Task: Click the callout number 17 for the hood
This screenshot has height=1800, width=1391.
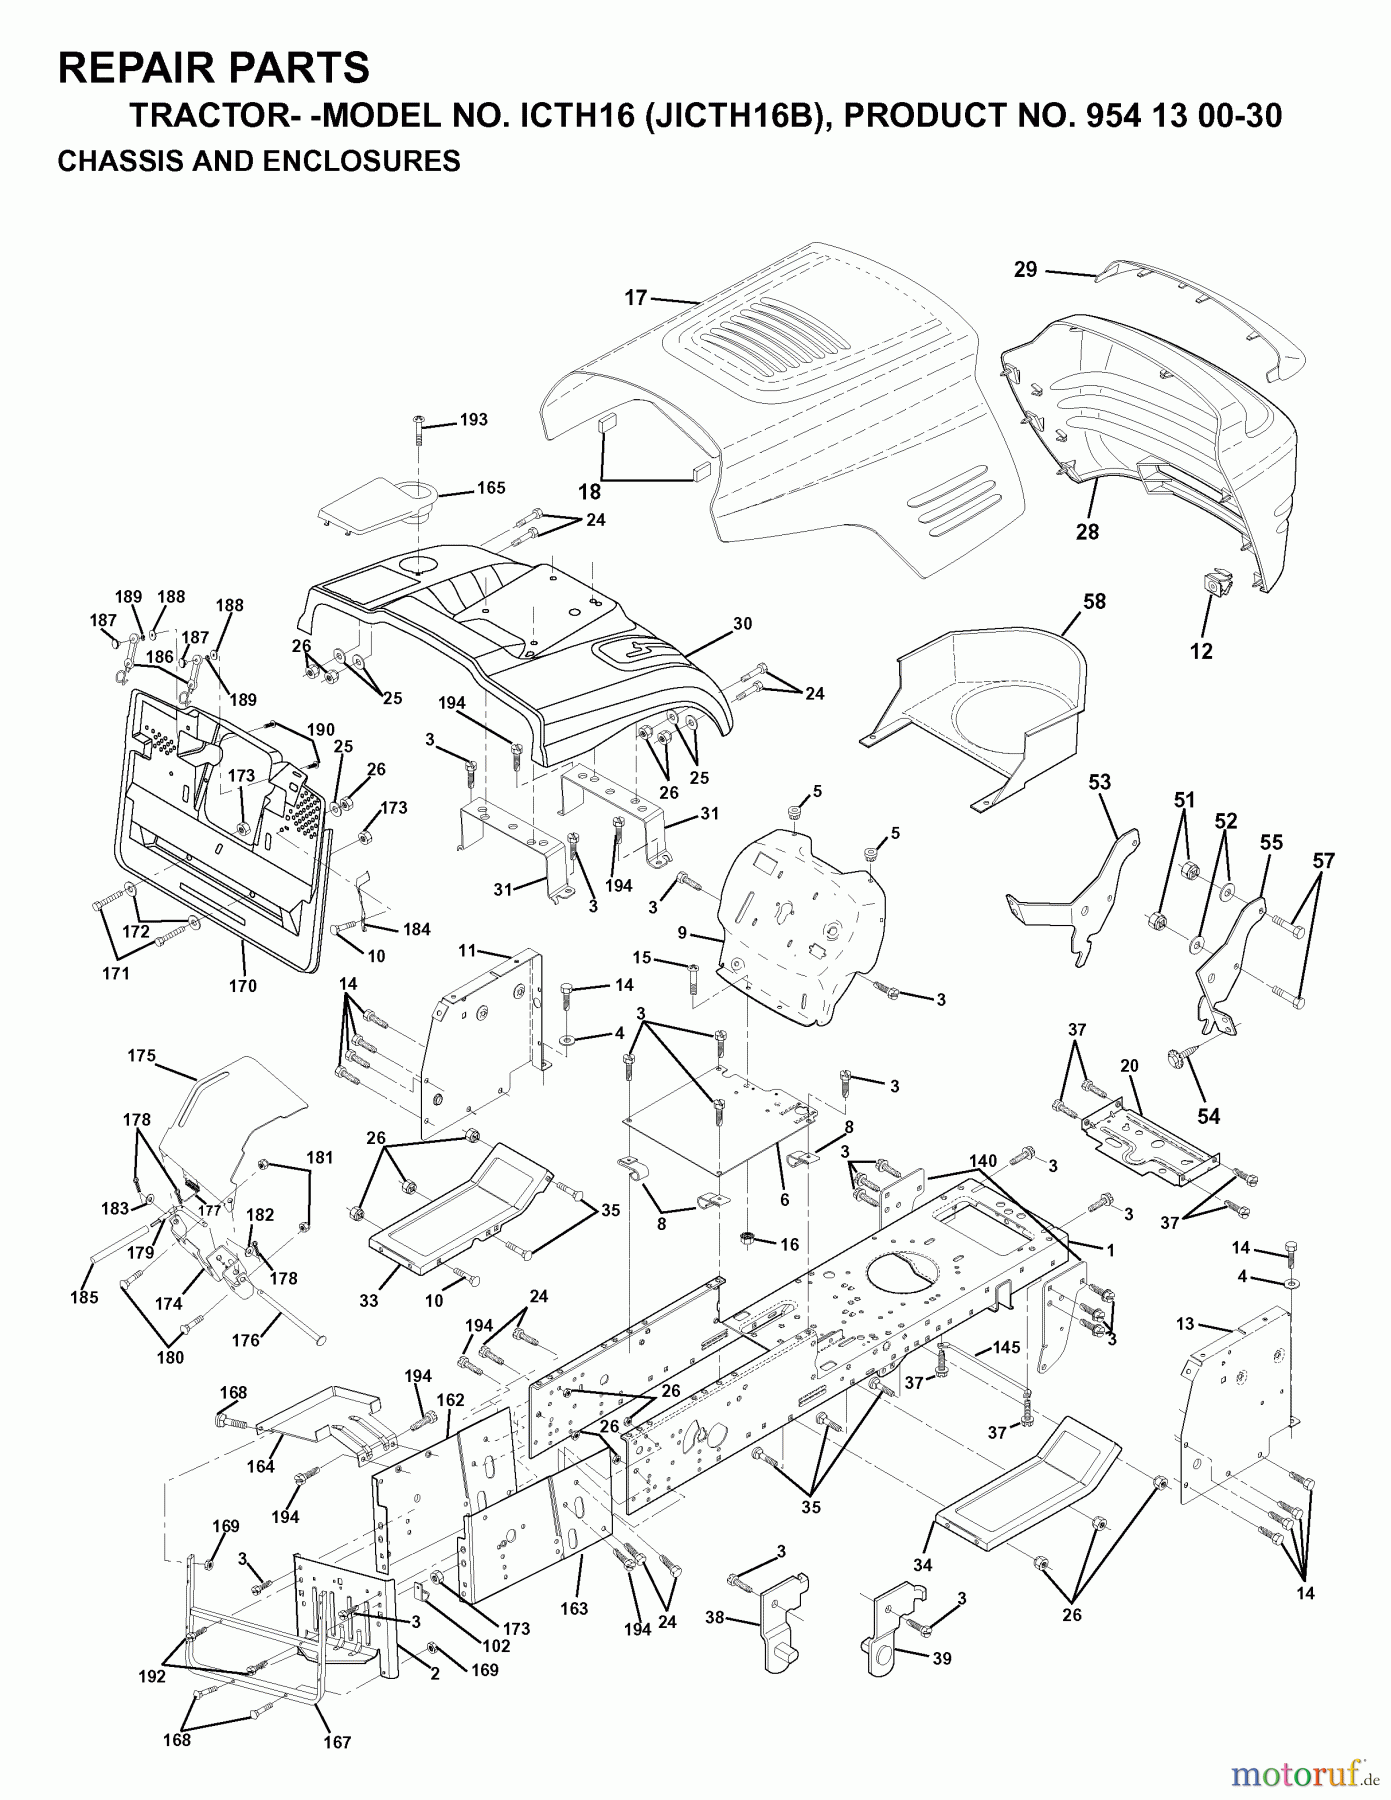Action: coord(636,297)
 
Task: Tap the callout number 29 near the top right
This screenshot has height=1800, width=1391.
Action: coord(1025,269)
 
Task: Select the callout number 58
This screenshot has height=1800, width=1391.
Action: coord(1094,601)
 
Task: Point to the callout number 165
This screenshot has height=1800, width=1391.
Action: coord(490,488)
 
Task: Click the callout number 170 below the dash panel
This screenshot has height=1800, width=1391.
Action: coord(242,985)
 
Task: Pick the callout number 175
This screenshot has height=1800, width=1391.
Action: coord(142,1055)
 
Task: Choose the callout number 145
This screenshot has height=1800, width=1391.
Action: coord(1006,1348)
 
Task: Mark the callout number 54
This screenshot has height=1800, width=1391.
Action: coord(1208,1115)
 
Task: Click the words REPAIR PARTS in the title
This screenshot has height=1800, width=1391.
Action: coord(214,68)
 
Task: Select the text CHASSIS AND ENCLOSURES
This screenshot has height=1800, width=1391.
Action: coord(259,161)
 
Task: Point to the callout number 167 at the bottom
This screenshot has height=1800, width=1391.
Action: coord(337,1770)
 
